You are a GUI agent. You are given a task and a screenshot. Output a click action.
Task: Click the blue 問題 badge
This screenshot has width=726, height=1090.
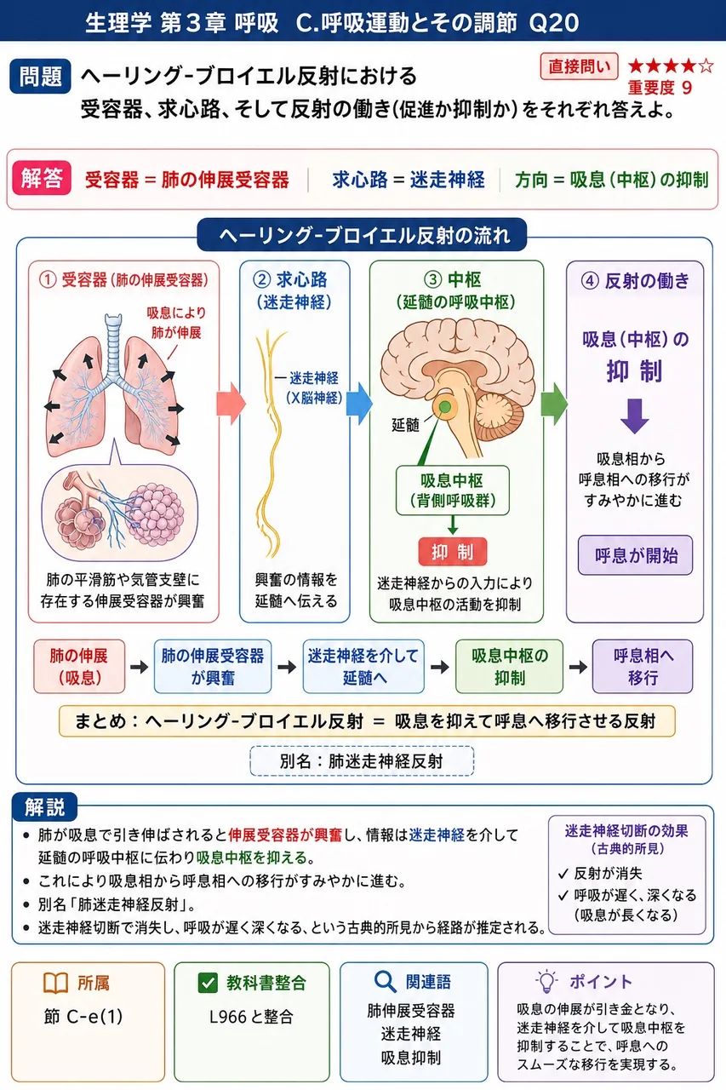pyautogui.click(x=40, y=77)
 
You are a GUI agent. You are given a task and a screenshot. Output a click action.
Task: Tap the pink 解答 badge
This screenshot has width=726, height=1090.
pyautogui.click(x=42, y=178)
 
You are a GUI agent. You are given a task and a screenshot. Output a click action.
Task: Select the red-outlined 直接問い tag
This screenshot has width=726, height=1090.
pyautogui.click(x=579, y=66)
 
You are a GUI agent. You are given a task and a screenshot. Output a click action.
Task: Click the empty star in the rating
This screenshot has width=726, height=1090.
pyautogui.click(x=706, y=66)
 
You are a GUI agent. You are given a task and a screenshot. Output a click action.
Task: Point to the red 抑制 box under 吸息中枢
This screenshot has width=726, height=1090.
pyautogui.click(x=452, y=551)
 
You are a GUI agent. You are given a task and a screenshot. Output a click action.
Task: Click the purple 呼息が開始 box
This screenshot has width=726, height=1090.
pyautogui.click(x=635, y=555)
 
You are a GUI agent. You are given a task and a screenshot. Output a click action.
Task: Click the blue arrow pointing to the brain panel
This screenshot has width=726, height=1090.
pyautogui.click(x=359, y=404)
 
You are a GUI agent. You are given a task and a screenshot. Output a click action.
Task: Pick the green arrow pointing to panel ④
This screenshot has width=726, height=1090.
pyautogui.click(x=554, y=404)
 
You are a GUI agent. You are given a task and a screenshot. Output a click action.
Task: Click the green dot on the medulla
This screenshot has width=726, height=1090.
pyautogui.click(x=445, y=406)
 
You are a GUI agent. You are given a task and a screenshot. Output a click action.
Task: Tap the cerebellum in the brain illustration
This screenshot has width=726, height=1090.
pyautogui.click(x=500, y=417)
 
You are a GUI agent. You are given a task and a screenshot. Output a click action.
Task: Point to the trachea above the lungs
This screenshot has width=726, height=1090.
pyautogui.click(x=113, y=343)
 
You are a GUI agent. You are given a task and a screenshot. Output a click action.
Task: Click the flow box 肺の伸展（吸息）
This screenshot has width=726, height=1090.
pyautogui.click(x=79, y=666)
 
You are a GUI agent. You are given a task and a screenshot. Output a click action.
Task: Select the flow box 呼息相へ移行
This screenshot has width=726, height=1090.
pyautogui.click(x=643, y=666)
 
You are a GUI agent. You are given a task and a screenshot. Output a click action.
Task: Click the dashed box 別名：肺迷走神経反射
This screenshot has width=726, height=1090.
pyautogui.click(x=362, y=761)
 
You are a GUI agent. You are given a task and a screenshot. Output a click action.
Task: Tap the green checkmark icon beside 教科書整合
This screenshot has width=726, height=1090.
pyautogui.click(x=208, y=983)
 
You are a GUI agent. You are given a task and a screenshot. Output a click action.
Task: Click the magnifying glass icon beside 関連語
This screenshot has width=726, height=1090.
pyautogui.click(x=385, y=982)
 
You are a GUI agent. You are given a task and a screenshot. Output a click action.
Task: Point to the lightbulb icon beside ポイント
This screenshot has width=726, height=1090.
pyautogui.click(x=546, y=981)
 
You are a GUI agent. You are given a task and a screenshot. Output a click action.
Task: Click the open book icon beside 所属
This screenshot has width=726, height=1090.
pyautogui.click(x=55, y=983)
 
